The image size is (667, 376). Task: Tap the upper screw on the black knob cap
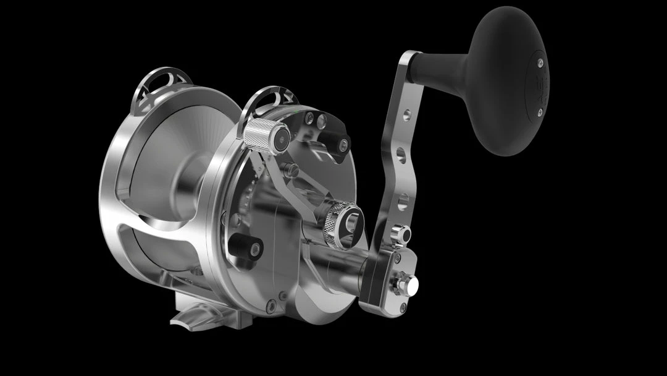pyautogui.click(x=539, y=62)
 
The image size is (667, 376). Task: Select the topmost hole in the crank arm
pyautogui.click(x=406, y=115)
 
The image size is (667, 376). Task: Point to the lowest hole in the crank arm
pyautogui.click(x=403, y=200)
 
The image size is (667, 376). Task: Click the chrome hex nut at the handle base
pyautogui.click(x=408, y=284)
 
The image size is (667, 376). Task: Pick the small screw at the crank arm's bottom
pyautogui.click(x=402, y=307)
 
